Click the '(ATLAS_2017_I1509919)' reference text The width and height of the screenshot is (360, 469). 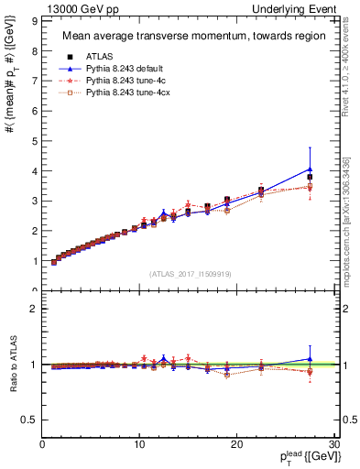[191, 272]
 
